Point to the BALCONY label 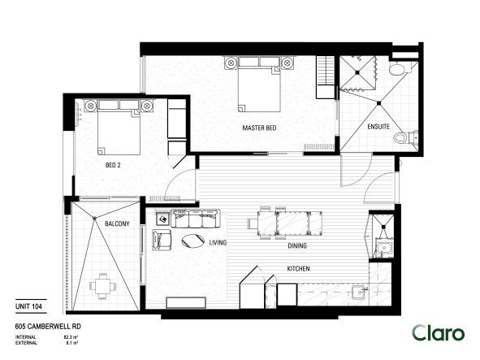[117, 223]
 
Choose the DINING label [296, 245]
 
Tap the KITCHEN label [297, 270]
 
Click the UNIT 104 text [29, 306]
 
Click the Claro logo [438, 332]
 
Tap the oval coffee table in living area [193, 240]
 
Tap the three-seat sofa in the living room [196, 218]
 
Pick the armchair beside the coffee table [162, 241]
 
